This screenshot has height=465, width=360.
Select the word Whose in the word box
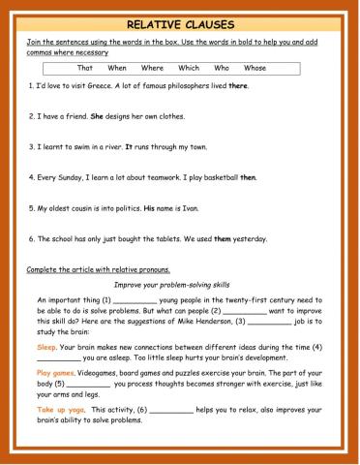255,68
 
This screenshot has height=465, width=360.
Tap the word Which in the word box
189,68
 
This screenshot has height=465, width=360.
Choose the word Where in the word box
152,68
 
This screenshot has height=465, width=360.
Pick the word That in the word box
84,68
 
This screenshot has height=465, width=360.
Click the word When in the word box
117,68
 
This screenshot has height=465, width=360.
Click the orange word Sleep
46,346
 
